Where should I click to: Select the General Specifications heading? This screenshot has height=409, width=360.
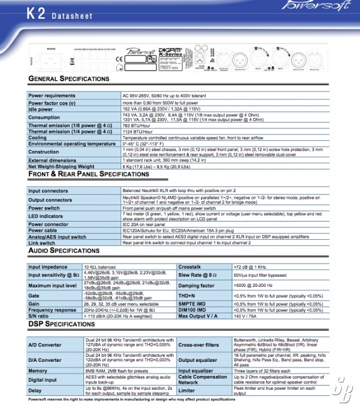69,78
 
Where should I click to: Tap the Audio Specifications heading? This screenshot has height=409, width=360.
68,251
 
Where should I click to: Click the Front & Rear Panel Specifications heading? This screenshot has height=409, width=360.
89,174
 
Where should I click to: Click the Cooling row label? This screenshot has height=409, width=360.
38,137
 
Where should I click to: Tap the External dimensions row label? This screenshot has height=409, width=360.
52,161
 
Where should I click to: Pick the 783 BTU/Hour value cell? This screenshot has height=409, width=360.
137,126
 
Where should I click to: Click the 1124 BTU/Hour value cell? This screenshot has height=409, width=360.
138,132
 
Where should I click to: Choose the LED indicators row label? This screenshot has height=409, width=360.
46,216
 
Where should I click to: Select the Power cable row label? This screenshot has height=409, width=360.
43,231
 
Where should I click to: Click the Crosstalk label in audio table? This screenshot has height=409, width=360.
190,266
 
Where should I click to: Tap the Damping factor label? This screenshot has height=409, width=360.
196,286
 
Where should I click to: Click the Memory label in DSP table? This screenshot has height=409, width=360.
38,371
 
